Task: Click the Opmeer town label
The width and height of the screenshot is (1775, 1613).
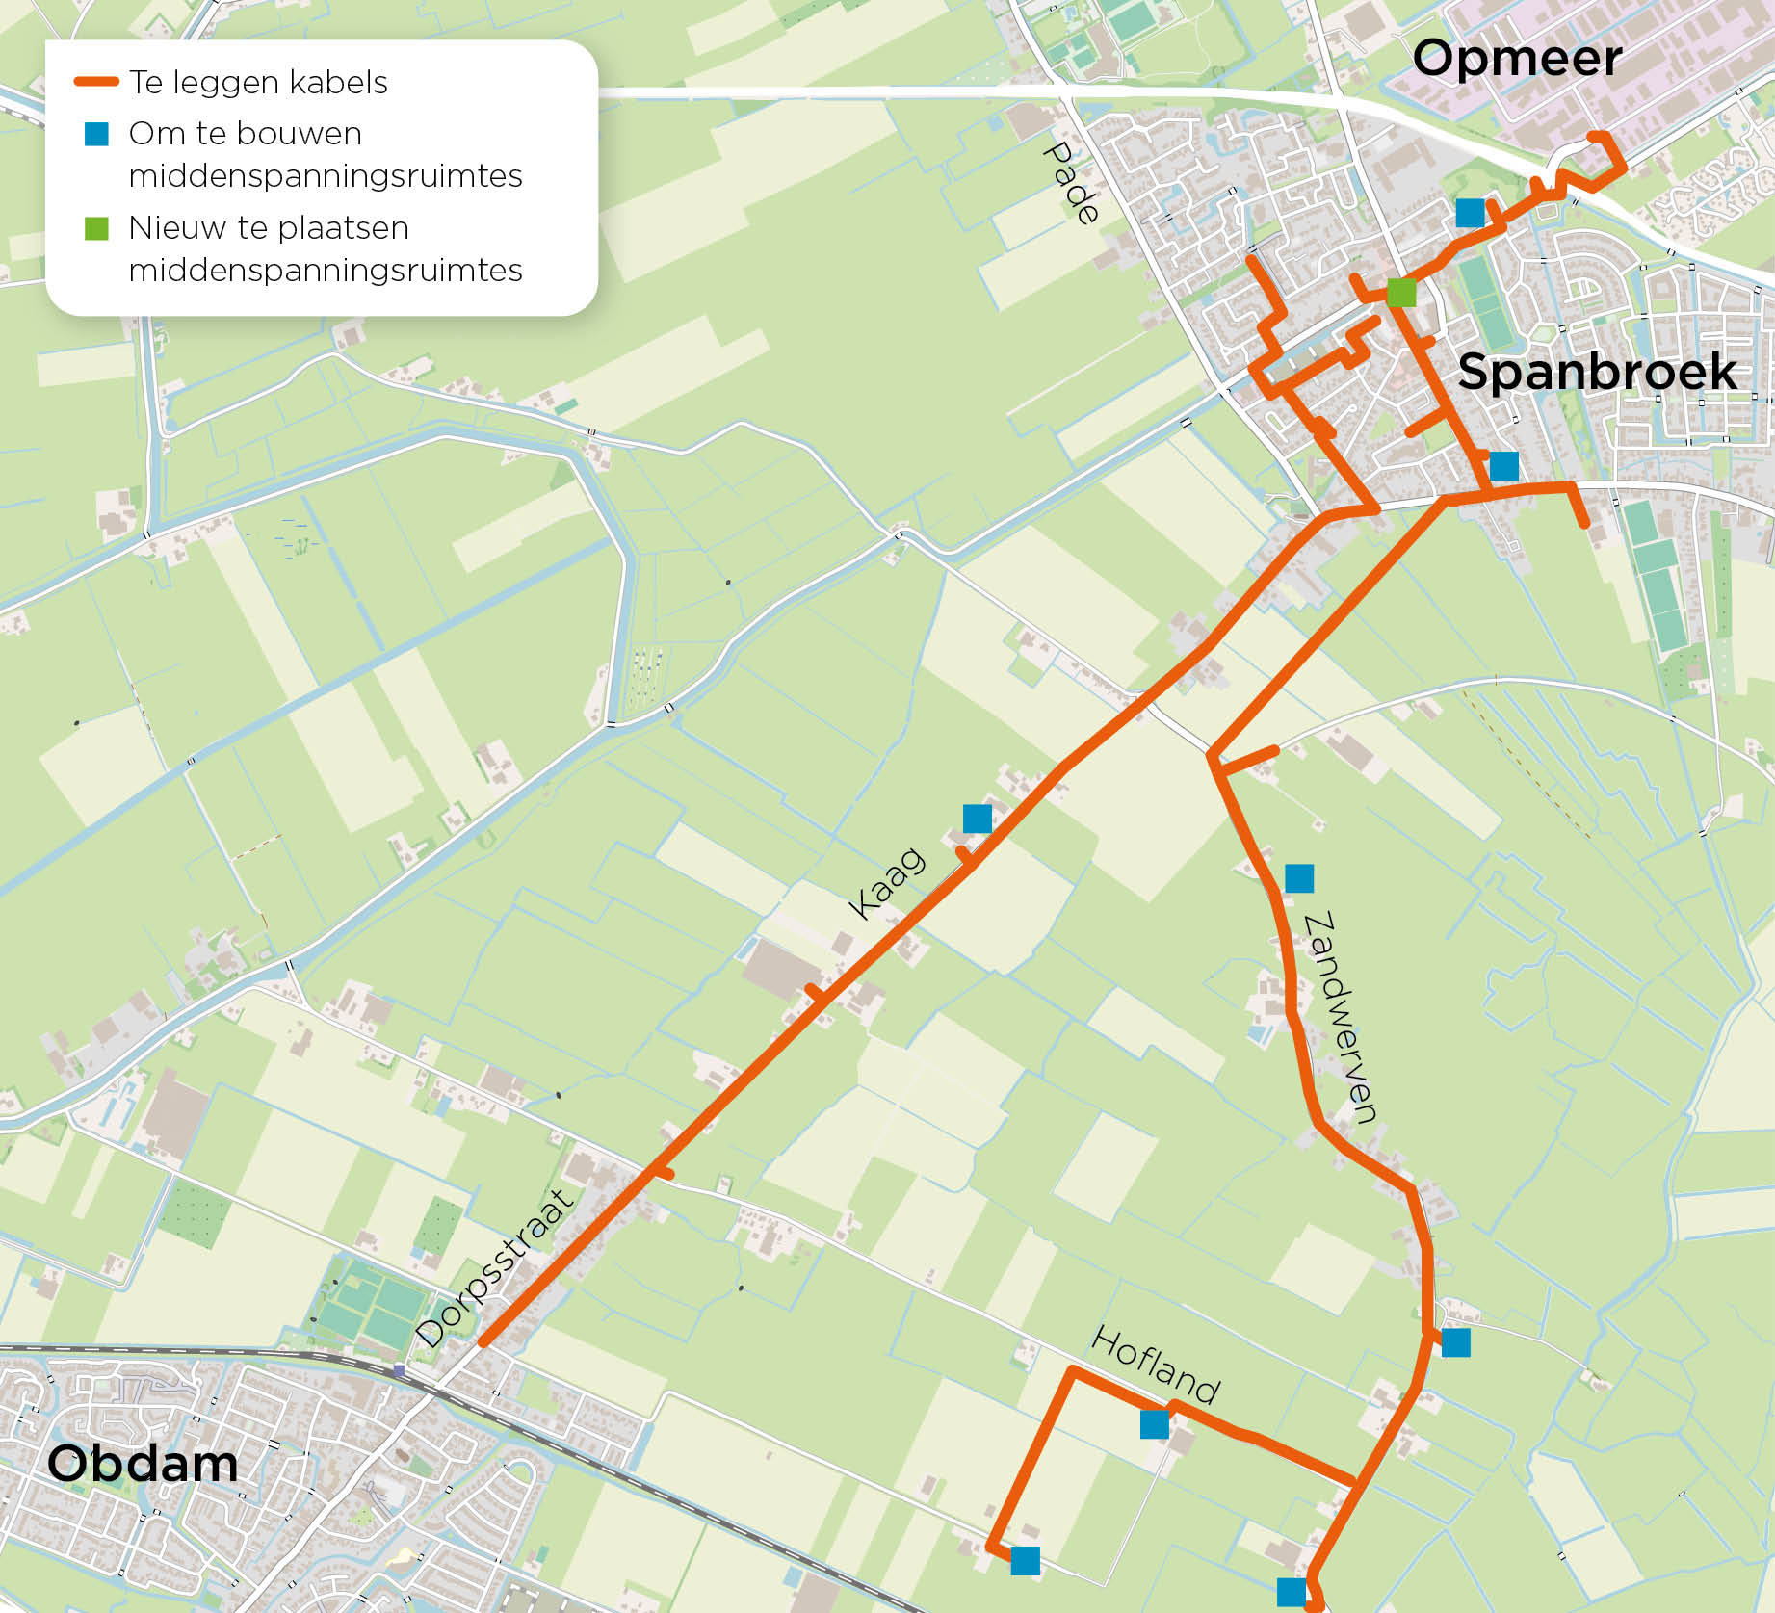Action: pyautogui.click(x=1517, y=58)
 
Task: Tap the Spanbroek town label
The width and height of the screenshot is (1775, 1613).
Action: pyautogui.click(x=1597, y=372)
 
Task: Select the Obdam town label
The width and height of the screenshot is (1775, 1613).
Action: pyautogui.click(x=143, y=1464)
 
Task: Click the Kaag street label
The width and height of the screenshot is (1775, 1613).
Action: pyautogui.click(x=886, y=883)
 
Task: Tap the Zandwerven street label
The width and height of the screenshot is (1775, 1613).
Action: pyautogui.click(x=1339, y=1017)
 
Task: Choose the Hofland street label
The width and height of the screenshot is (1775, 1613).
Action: pyautogui.click(x=1156, y=1365)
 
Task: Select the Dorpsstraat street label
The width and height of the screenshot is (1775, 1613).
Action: pyautogui.click(x=495, y=1268)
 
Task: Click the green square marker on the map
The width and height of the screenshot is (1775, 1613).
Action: pyautogui.click(x=1401, y=292)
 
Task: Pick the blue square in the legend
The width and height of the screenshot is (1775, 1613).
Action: pyautogui.click(x=96, y=134)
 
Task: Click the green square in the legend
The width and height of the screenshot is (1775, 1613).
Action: pyautogui.click(x=96, y=228)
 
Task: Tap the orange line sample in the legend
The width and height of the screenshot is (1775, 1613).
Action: pyautogui.click(x=96, y=83)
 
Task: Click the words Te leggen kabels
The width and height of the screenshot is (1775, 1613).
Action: pyautogui.click(x=258, y=83)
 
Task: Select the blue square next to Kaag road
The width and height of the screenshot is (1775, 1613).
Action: pyautogui.click(x=978, y=819)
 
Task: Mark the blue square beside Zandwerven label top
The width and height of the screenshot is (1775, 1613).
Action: pyautogui.click(x=1299, y=878)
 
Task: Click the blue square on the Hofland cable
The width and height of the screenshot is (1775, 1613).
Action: pyautogui.click(x=1154, y=1424)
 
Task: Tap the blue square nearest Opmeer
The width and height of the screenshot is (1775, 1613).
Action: pyautogui.click(x=1470, y=213)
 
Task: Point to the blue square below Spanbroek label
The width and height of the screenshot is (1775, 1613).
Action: pyautogui.click(x=1503, y=466)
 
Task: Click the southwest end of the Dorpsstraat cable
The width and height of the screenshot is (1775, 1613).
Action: pyautogui.click(x=483, y=1342)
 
